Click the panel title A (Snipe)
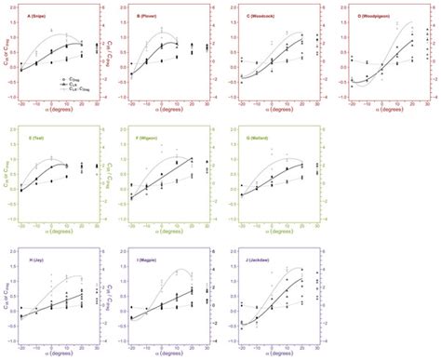[x=41, y=17]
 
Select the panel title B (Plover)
[x=151, y=17]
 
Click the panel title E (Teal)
[x=39, y=136]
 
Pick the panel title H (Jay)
[x=38, y=258]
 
